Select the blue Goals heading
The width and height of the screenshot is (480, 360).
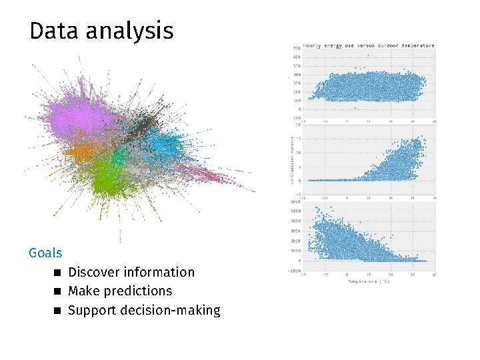[45, 253]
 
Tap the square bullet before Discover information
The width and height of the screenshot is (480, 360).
[58, 272]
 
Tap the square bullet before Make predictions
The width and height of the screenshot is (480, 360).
[58, 291]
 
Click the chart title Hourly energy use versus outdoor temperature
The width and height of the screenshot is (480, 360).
[369, 46]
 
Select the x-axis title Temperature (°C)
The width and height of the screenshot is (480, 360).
[369, 281]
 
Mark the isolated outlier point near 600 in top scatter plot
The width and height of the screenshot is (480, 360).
[367, 55]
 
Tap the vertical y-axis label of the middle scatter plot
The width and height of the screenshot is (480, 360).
[290, 158]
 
